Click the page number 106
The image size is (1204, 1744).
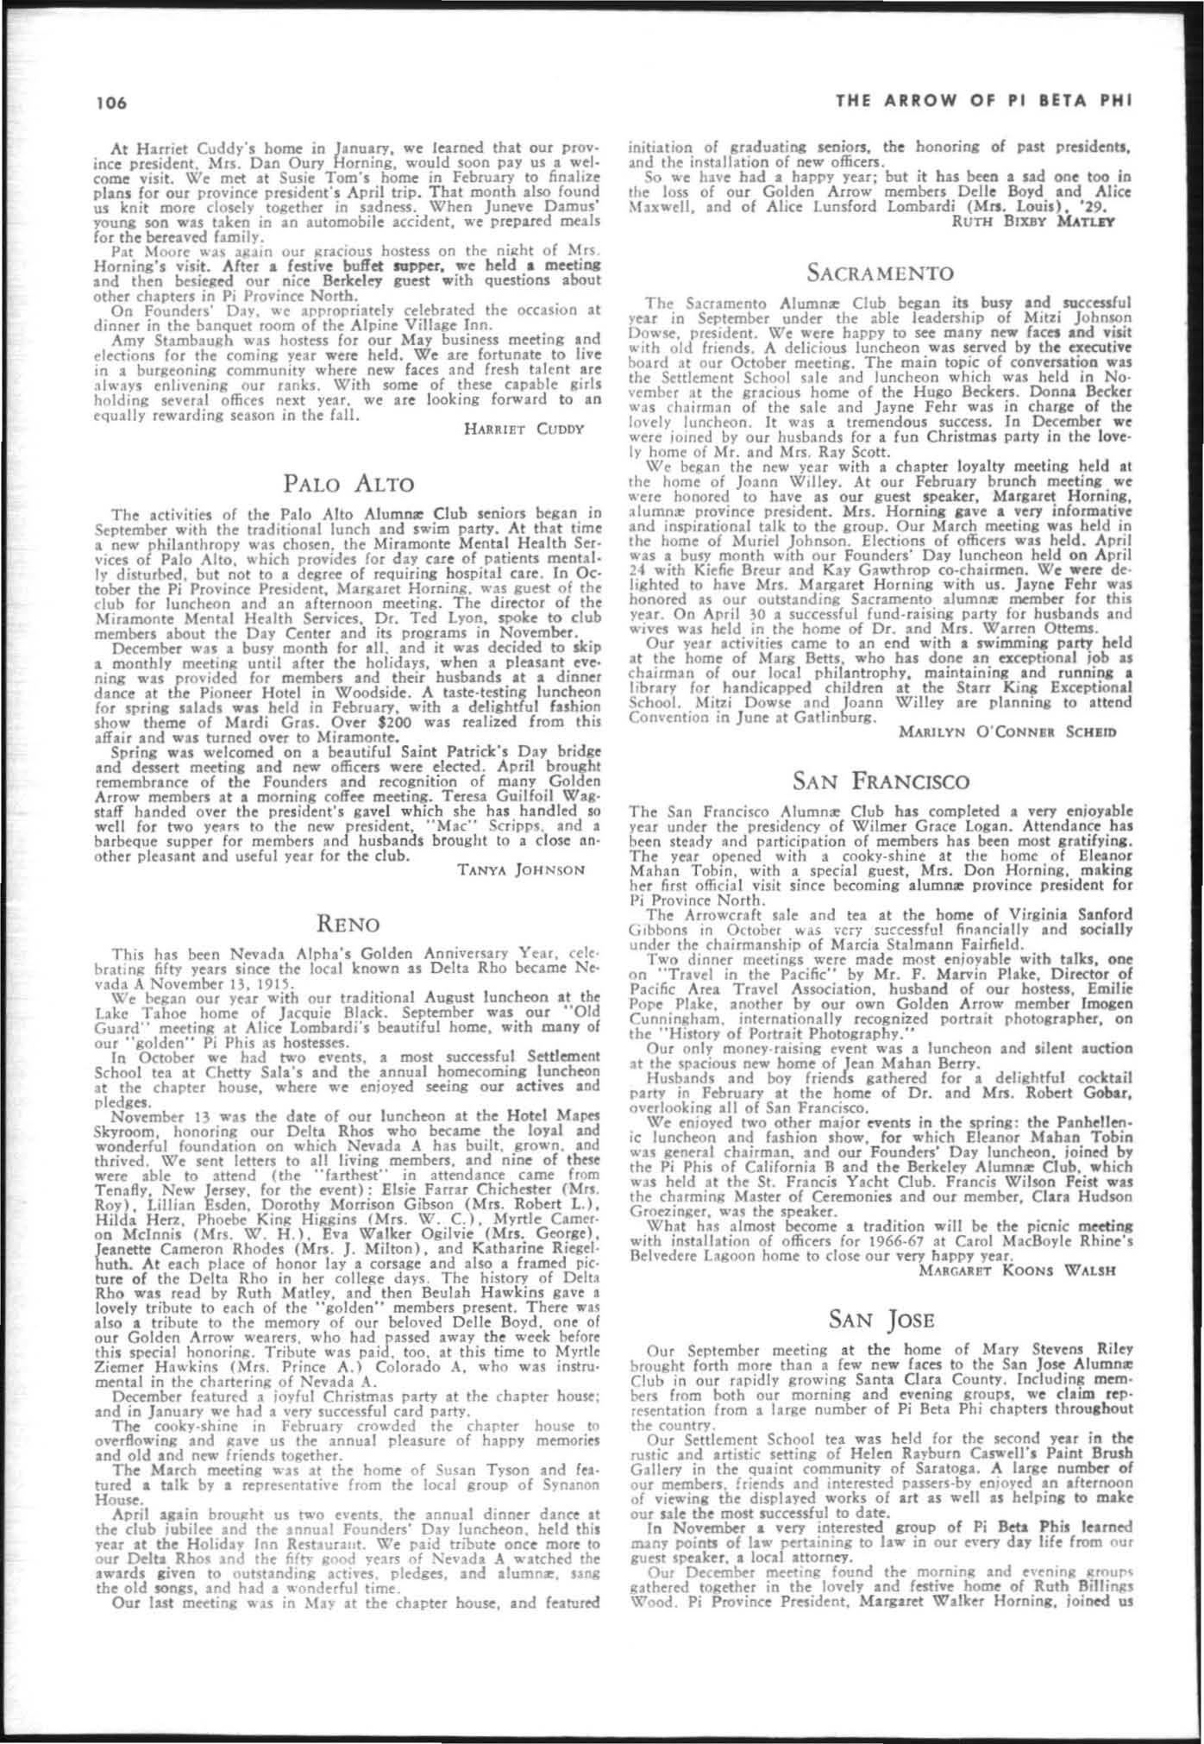(112, 103)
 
